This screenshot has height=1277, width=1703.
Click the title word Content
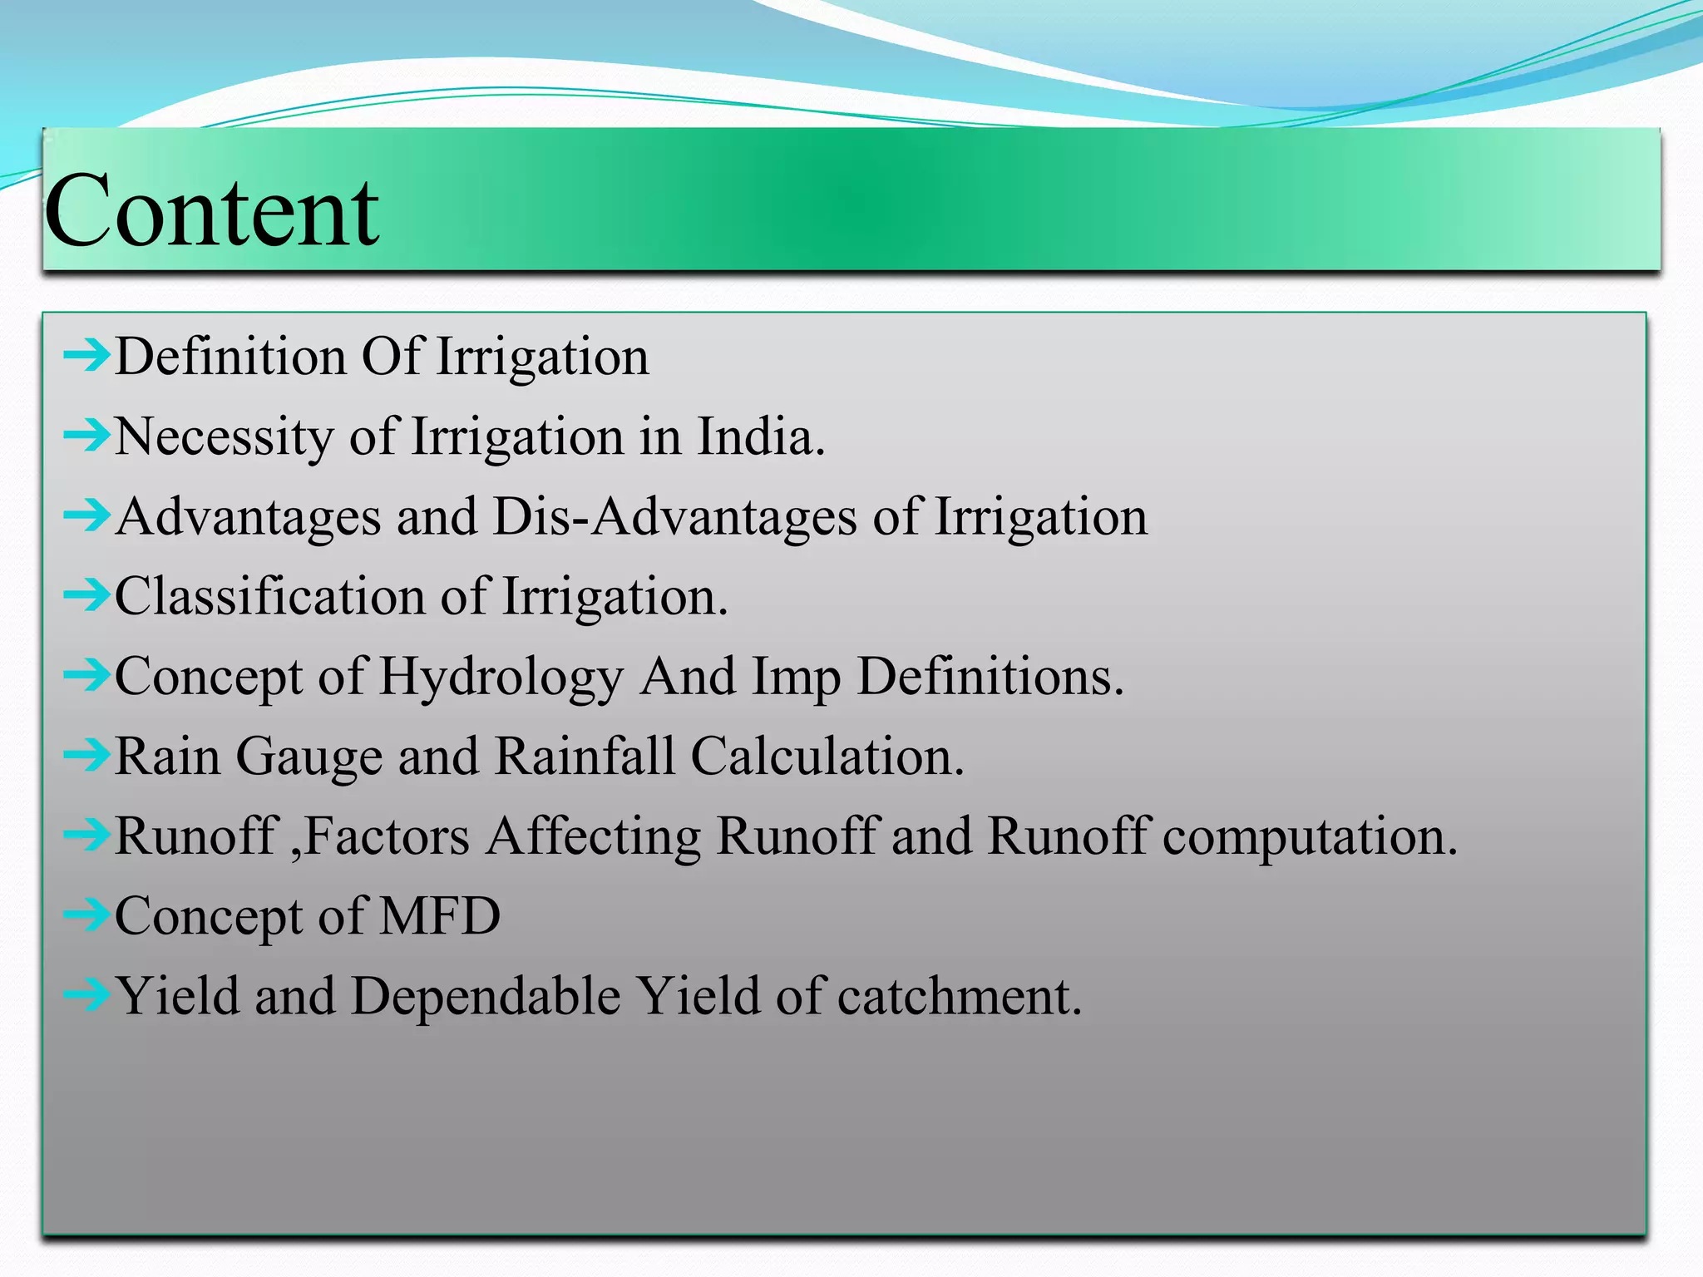[211, 211]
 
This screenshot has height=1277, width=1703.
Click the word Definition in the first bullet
[230, 357]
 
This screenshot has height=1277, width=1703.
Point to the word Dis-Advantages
[674, 517]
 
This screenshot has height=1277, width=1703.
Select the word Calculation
[827, 757]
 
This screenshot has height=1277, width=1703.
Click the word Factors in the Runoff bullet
[387, 836]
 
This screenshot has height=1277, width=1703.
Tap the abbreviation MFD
[440, 916]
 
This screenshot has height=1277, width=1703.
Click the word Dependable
[486, 996]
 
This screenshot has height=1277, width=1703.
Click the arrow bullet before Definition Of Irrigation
[86, 356]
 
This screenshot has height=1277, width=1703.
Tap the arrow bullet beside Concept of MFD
[86, 915]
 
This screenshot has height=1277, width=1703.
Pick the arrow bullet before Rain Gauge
[86, 756]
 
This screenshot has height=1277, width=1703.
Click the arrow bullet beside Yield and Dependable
[86, 994]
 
